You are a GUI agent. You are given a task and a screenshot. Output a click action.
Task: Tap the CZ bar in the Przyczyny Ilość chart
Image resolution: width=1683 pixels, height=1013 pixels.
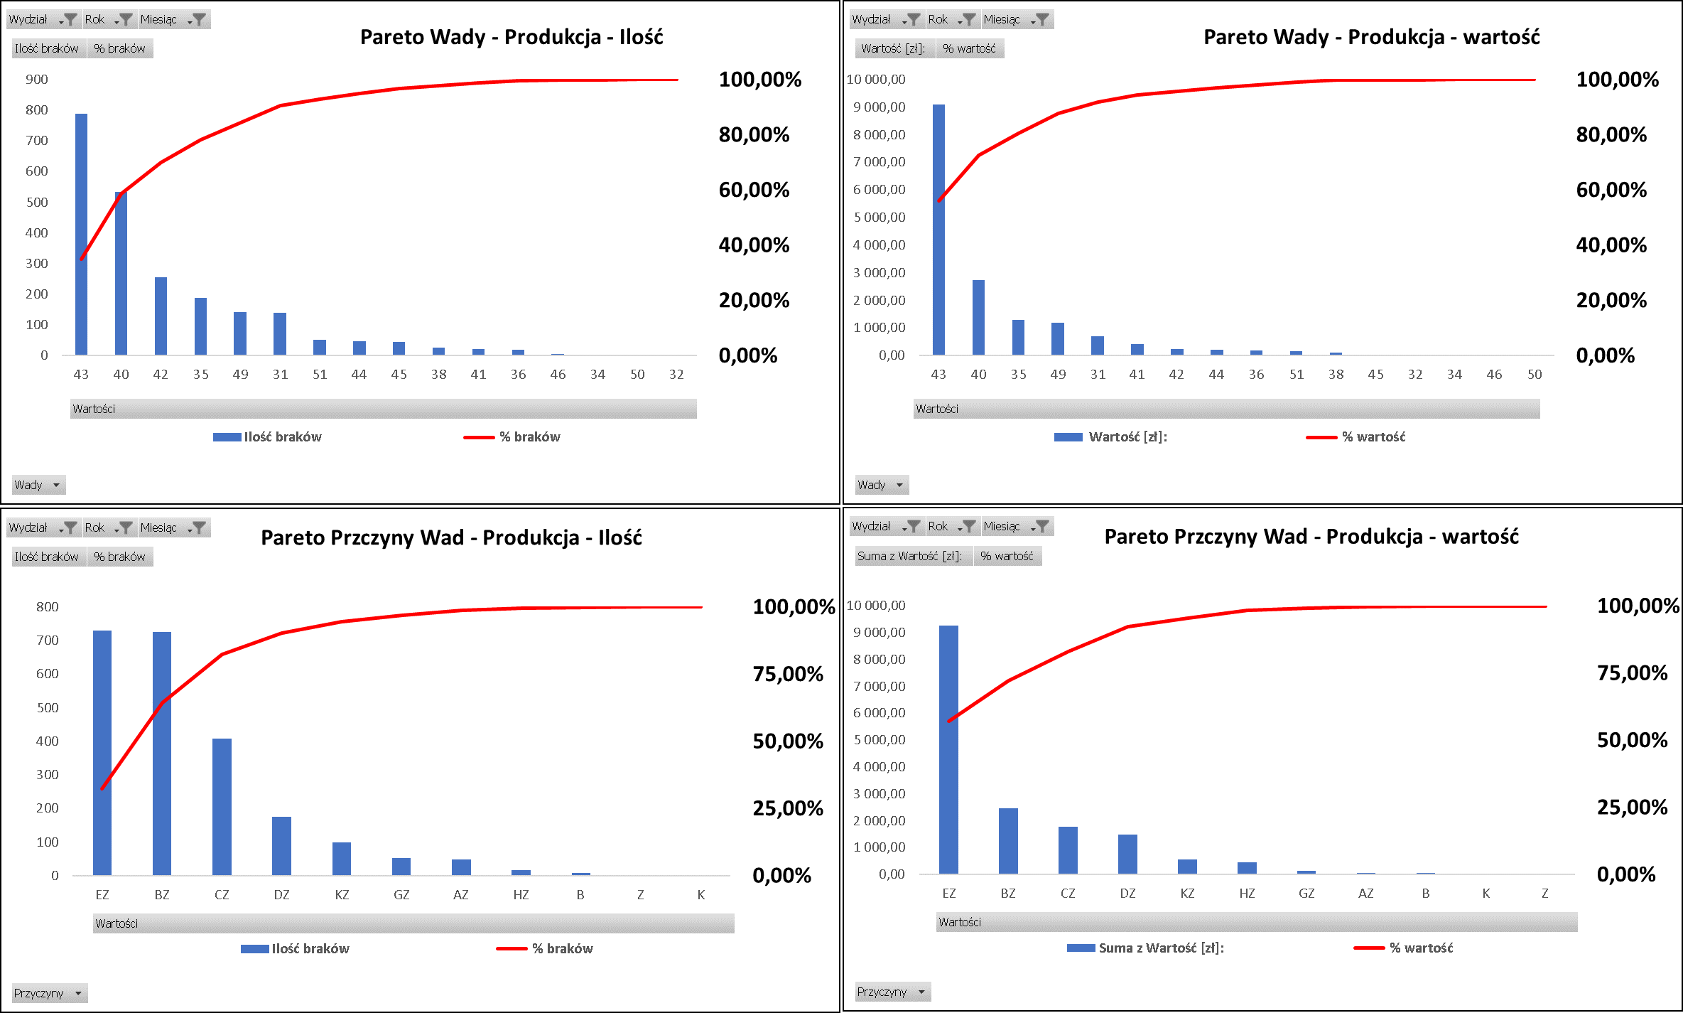pyautogui.click(x=222, y=807)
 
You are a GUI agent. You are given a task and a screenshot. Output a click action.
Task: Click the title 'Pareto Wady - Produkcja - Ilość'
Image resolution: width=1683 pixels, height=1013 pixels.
pyautogui.click(x=512, y=37)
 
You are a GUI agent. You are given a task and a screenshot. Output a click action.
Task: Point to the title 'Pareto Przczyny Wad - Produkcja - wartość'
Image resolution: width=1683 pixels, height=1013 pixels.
pyautogui.click(x=1311, y=537)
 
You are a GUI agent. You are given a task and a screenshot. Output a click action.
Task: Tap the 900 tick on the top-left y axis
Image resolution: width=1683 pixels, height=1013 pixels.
pyautogui.click(x=37, y=79)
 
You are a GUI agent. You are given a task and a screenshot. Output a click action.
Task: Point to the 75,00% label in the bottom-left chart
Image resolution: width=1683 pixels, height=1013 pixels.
pyautogui.click(x=788, y=674)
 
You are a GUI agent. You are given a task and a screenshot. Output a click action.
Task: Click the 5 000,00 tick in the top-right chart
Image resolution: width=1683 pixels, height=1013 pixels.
pyautogui.click(x=880, y=217)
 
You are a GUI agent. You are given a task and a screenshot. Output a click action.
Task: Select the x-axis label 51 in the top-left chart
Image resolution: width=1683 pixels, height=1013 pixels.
pyautogui.click(x=320, y=374)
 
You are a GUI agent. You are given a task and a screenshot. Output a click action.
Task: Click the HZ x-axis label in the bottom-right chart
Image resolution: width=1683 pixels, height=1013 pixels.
pyautogui.click(x=1247, y=894)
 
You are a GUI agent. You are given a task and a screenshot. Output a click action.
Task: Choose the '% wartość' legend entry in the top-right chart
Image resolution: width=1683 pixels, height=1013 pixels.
pyautogui.click(x=1373, y=436)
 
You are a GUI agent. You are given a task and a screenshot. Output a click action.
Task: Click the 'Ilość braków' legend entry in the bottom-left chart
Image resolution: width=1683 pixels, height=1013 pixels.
pyautogui.click(x=310, y=948)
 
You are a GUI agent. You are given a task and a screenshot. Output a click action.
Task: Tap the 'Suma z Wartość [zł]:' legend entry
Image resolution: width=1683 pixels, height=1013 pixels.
pyautogui.click(x=1161, y=948)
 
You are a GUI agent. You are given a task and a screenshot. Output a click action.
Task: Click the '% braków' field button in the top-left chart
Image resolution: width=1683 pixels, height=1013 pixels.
pyautogui.click(x=119, y=48)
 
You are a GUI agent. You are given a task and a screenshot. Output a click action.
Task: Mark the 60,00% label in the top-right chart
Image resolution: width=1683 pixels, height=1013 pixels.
pyautogui.click(x=1611, y=190)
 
